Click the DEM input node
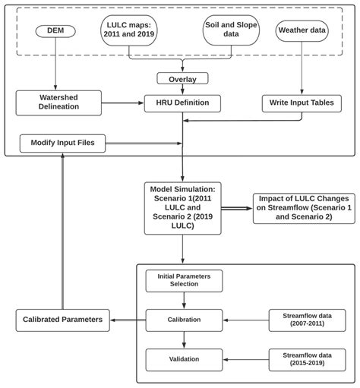(55, 32)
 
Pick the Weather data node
(304, 32)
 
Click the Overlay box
(182, 78)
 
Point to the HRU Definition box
(182, 102)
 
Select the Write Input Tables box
(302, 102)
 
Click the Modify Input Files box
(62, 142)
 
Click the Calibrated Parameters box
(62, 319)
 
